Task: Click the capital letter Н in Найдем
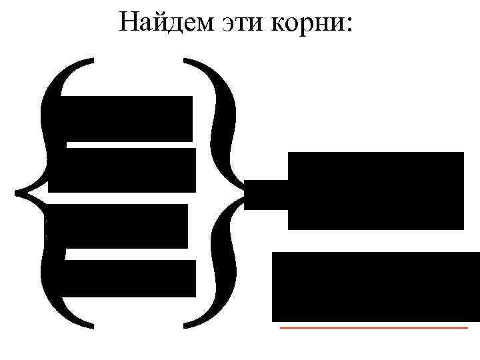129,23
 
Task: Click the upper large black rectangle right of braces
375,191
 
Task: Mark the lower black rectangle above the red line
375,287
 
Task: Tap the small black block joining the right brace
265,195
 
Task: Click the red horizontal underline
373,328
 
